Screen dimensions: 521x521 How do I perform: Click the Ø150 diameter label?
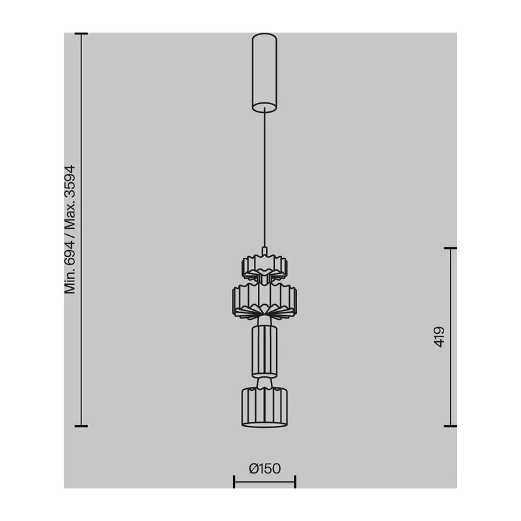pos(265,468)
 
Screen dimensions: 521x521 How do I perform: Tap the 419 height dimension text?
pos(439,337)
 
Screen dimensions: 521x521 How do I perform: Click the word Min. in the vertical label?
pos(70,281)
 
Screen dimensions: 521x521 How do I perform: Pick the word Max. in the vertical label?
pos(70,216)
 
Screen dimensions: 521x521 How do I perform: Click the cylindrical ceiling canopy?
pos(264,72)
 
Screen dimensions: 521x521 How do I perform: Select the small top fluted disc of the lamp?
pos(264,266)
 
